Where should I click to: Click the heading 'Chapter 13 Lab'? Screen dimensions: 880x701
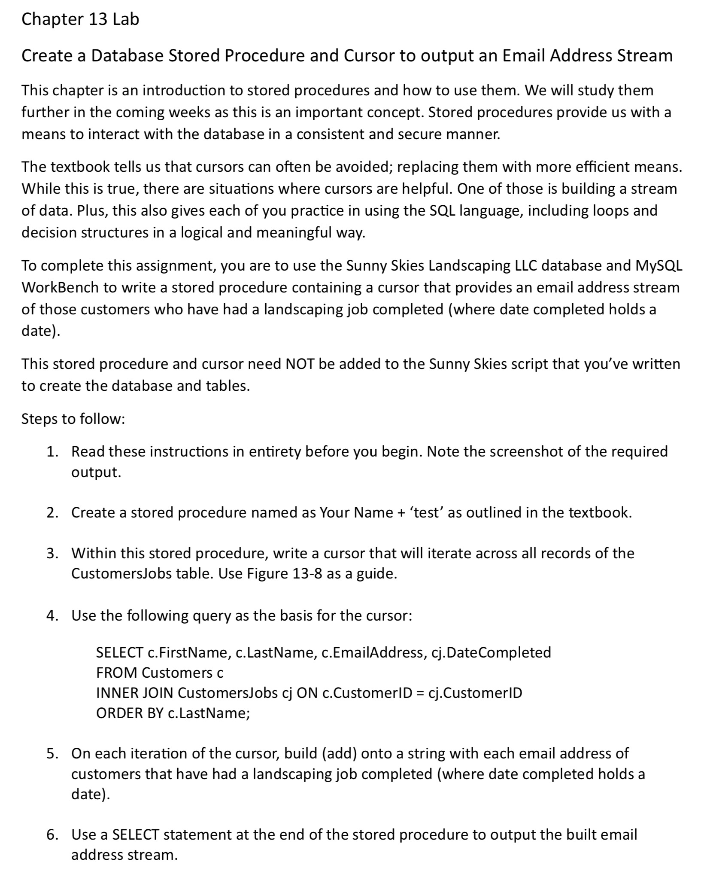pyautogui.click(x=80, y=20)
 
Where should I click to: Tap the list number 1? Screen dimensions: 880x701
pyautogui.click(x=52, y=451)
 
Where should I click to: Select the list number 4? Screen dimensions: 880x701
pyautogui.click(x=52, y=616)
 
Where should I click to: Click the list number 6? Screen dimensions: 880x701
pyautogui.click(x=52, y=834)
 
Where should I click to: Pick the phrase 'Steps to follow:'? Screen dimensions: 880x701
pyautogui.click(x=73, y=419)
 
